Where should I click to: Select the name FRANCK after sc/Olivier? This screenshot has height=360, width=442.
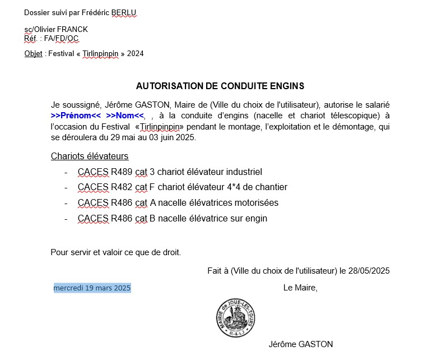point(73,29)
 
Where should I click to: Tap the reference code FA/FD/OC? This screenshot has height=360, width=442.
point(61,38)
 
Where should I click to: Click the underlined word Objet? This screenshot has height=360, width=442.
point(33,54)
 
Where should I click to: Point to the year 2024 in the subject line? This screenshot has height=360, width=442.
point(136,54)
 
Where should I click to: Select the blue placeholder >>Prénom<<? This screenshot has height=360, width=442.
point(76,116)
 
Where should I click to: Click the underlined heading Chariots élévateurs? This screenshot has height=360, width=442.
point(90,156)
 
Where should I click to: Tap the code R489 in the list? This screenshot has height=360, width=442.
point(122,172)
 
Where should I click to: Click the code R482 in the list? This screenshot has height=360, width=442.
point(122,187)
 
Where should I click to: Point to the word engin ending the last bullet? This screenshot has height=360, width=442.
point(255,218)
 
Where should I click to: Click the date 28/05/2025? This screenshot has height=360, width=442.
point(369,270)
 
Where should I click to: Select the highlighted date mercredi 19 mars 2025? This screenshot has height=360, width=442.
point(92,288)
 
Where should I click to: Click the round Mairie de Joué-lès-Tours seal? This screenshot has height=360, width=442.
point(236,318)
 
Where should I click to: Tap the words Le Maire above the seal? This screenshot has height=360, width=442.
point(300,288)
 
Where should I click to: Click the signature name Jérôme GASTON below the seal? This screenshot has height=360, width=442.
point(300,344)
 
